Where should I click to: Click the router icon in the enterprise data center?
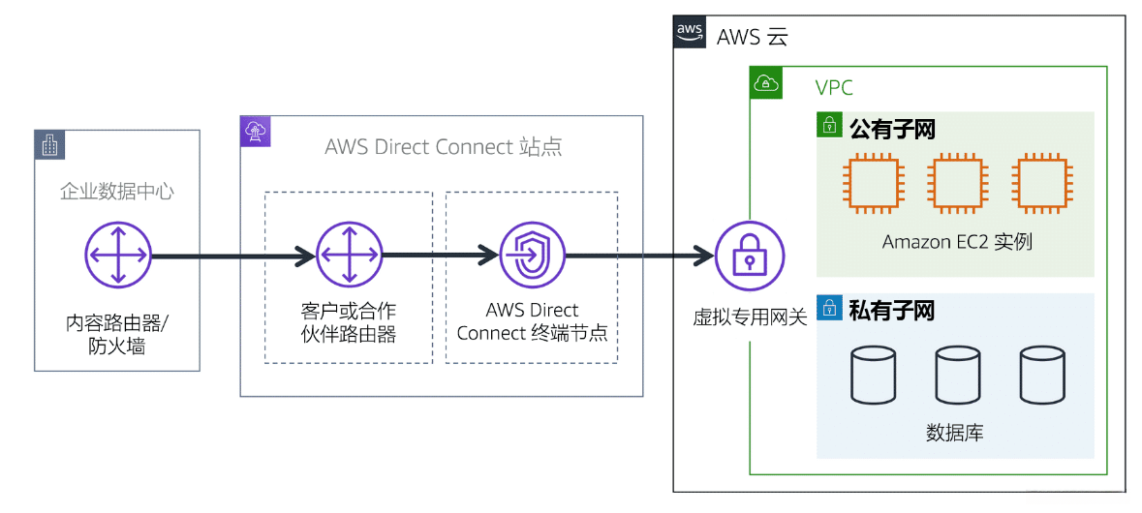pos(117,256)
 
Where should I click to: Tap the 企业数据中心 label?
pos(116,192)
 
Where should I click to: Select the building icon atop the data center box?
pos(49,144)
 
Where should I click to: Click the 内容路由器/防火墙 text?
pos(116,334)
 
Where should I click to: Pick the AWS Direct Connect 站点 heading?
pos(443,147)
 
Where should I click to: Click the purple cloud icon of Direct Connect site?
pos(256,132)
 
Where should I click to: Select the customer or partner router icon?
pos(350,256)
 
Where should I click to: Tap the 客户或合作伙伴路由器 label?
pos(349,322)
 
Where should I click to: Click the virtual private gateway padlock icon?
pos(750,256)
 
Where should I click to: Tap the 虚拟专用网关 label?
pos(750,317)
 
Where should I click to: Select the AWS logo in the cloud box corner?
pos(690,32)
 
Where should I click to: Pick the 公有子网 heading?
pos(891,129)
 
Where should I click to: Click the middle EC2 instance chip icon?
pos(957,186)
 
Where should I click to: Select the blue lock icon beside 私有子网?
pos(829,310)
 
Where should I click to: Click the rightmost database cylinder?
pos(1042,376)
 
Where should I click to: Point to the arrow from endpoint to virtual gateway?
pos(639,256)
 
